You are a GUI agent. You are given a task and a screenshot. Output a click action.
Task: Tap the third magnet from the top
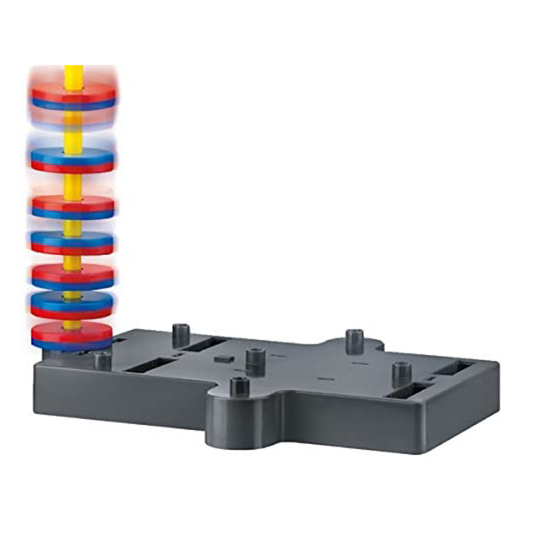click(x=73, y=207)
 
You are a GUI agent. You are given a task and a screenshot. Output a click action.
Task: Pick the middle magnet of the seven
click(x=72, y=243)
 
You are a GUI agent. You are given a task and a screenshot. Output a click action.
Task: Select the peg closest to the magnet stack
click(x=103, y=360)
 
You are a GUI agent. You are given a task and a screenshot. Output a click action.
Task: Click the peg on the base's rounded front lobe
click(x=239, y=386)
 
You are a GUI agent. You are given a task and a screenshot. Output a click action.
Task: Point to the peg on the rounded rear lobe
click(x=354, y=341)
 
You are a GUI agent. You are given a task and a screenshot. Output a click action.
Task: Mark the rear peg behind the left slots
click(x=181, y=335)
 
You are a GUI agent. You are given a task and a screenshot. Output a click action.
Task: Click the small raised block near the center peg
click(x=224, y=359)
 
